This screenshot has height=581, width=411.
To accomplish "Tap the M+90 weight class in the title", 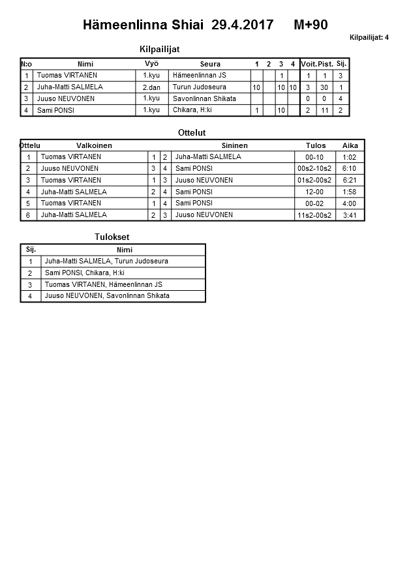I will point(311,25).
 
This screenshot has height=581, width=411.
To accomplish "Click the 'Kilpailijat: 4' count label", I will point(369,37).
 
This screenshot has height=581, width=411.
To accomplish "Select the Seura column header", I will point(210,64).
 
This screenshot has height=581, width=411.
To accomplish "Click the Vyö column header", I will point(151,63).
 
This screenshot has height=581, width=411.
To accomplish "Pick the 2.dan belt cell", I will point(151,87).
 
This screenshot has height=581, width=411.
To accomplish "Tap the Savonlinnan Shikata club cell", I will point(204,98).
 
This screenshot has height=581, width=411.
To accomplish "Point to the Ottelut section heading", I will point(192,133).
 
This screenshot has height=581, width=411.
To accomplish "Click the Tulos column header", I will point(316,145).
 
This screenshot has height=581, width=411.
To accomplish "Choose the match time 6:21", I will point(349,180).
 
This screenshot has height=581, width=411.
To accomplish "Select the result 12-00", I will point(314,192).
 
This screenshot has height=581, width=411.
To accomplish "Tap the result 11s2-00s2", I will point(314,215).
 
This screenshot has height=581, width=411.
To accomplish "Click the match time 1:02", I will point(349,157).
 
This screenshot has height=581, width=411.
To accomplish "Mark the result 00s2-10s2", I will point(314,168).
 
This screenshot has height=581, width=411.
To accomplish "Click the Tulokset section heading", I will point(108,237).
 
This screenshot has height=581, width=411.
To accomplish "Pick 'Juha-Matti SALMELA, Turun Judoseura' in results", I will point(106,261).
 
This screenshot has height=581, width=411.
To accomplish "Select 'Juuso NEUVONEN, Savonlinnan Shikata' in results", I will point(107,295).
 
